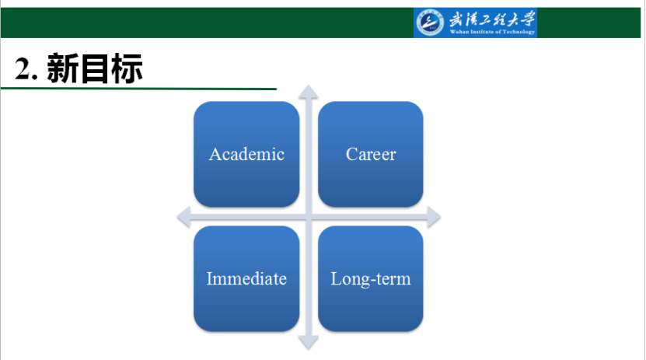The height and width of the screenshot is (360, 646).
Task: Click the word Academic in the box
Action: point(246,155)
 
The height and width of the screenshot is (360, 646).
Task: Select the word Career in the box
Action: point(371,155)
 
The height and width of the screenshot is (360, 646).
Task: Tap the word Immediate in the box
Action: point(246,279)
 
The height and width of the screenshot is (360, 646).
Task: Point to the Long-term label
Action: point(371,279)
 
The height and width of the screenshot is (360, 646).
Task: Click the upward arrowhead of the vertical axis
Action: point(308,92)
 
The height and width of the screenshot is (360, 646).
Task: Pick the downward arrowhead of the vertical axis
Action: point(308,343)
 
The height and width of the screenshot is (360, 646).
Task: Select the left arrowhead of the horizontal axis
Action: point(183,217)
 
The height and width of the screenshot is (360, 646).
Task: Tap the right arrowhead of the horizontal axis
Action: point(434,217)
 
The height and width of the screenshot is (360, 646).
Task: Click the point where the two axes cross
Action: point(308,217)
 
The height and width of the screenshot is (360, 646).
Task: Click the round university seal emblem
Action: point(430,23)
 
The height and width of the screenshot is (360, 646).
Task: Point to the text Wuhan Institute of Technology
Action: point(492,32)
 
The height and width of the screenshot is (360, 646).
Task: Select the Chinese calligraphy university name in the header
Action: point(492,19)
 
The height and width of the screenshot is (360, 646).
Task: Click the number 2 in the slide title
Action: point(23,68)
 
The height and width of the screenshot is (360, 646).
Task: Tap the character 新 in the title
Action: point(62,68)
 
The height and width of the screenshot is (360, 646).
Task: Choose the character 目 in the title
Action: point(94,68)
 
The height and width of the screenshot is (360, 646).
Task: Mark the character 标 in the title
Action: point(127,68)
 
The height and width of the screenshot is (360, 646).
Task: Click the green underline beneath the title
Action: point(138,89)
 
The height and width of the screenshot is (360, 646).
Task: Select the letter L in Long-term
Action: point(336,278)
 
